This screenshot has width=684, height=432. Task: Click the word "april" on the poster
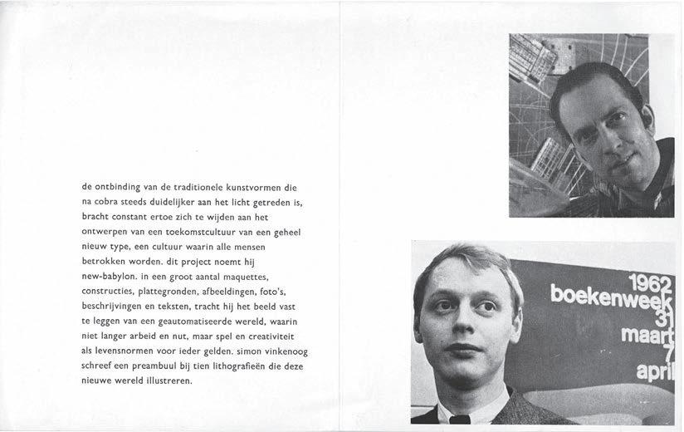coord(655,373)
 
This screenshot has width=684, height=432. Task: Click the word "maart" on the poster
coord(648,335)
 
